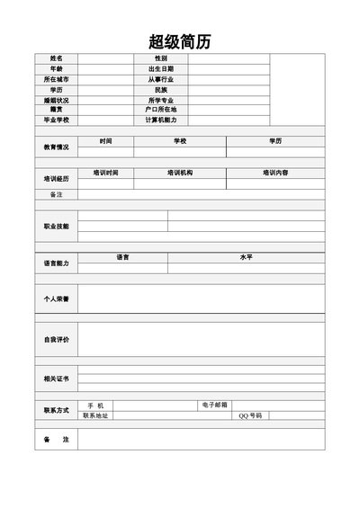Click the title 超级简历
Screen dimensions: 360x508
180,42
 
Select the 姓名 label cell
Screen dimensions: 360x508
57,58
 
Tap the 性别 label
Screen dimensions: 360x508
161,58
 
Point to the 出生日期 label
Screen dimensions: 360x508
161,69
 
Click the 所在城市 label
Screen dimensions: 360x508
57,79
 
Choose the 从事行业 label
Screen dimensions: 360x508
161,79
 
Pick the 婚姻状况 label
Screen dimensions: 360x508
57,100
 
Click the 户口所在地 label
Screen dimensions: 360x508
161,110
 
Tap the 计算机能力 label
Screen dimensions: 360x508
161,120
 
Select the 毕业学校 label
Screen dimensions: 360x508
57,120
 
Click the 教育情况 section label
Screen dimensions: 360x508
57,147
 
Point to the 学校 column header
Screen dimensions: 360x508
180,140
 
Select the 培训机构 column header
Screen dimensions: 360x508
180,172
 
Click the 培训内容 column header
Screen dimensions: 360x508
275,172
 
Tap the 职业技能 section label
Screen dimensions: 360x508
57,226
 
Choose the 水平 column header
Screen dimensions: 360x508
246,257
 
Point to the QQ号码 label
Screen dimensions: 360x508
250,415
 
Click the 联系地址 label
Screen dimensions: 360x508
95,415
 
